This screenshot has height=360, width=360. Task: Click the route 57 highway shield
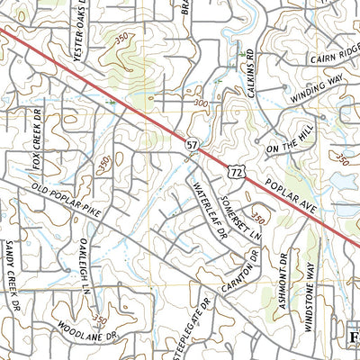click(x=193, y=144)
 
